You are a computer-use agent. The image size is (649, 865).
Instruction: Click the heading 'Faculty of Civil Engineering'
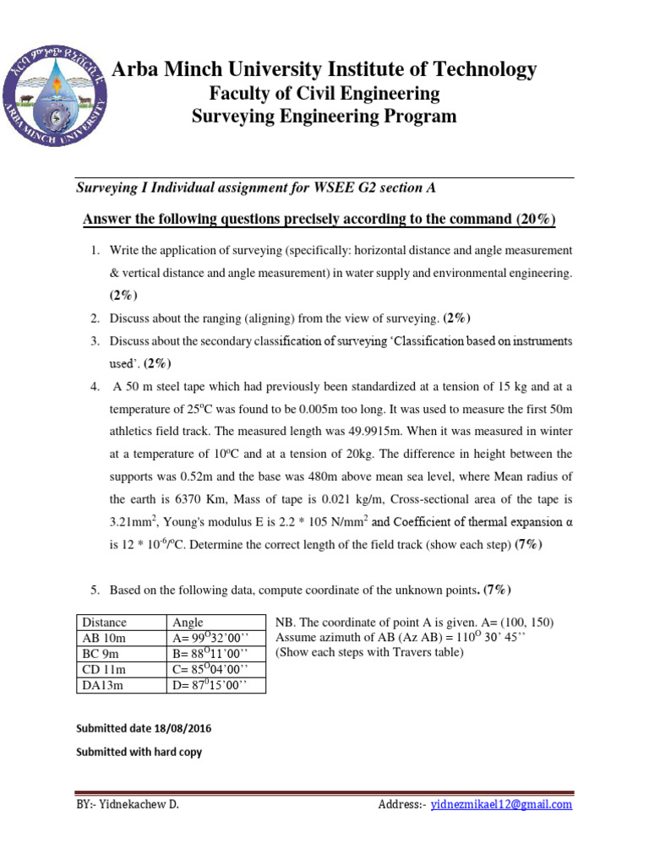tap(324, 93)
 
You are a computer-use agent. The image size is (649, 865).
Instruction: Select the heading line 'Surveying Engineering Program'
tap(324, 117)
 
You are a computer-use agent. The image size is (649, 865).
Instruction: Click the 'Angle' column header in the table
tap(188, 623)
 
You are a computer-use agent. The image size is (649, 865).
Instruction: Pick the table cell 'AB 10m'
tap(102, 638)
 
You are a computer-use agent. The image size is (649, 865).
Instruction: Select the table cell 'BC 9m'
tap(100, 654)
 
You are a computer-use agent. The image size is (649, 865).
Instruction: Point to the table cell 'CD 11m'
tap(102, 669)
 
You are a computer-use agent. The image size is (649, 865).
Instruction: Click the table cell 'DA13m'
tap(101, 685)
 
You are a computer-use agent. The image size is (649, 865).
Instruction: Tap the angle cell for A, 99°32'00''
tap(208, 638)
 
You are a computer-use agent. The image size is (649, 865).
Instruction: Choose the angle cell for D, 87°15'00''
tap(208, 685)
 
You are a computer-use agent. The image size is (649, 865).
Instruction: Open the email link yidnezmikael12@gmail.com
tap(501, 805)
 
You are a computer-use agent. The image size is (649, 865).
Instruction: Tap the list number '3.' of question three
tap(96, 341)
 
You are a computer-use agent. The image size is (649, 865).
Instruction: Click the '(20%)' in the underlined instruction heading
tap(536, 220)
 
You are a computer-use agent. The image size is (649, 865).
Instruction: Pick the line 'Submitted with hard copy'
tap(139, 751)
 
